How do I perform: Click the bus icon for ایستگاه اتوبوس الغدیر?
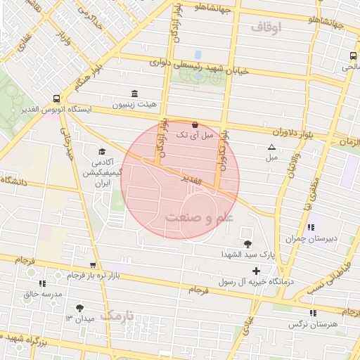[x=56, y=99]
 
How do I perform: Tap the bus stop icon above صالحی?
[x=352, y=56]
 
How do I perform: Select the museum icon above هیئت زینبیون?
[x=135, y=94]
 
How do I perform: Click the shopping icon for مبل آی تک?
[x=195, y=124]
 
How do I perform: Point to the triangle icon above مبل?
[x=271, y=147]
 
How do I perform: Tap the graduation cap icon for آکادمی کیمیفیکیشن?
[x=103, y=152]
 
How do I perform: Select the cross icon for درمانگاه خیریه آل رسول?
[x=256, y=271]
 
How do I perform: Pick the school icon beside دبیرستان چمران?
[x=310, y=227]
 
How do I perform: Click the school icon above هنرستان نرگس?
[x=312, y=313]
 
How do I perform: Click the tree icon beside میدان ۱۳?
[x=79, y=307]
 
